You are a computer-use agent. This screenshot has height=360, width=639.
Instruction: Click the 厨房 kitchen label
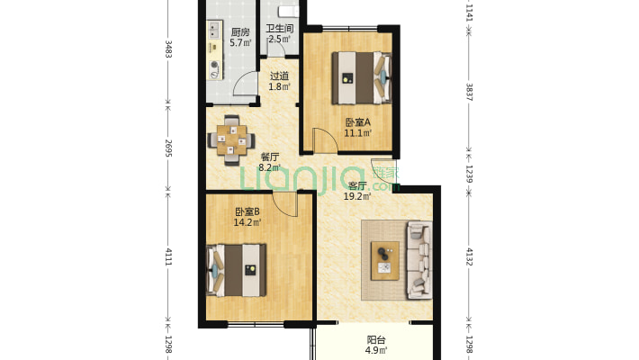click(240, 31)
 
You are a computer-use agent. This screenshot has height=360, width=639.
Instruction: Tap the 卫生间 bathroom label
click(280, 29)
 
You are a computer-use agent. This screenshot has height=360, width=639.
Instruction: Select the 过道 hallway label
click(280, 76)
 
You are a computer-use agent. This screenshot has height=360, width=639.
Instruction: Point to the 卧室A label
click(358, 122)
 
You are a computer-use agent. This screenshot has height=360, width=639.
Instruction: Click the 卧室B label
click(247, 212)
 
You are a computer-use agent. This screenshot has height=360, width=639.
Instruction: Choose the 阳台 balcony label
click(376, 339)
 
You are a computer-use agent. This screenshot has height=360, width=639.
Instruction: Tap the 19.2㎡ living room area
click(357, 196)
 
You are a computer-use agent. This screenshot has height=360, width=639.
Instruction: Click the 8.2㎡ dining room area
click(269, 167)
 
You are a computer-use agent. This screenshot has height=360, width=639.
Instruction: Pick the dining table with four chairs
click(231, 139)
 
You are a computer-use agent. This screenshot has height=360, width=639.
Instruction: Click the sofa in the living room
click(418, 260)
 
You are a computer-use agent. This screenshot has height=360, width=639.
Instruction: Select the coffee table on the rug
click(384, 260)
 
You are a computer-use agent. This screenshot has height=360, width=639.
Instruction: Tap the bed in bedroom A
click(362, 78)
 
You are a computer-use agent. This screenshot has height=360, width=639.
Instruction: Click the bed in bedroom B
click(237, 270)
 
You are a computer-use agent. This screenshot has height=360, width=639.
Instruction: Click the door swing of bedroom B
click(285, 204)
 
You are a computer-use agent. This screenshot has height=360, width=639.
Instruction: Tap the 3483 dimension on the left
click(168, 49)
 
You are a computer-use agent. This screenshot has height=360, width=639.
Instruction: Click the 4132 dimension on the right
click(469, 256)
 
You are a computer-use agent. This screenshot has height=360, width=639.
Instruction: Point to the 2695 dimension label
click(168, 148)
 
